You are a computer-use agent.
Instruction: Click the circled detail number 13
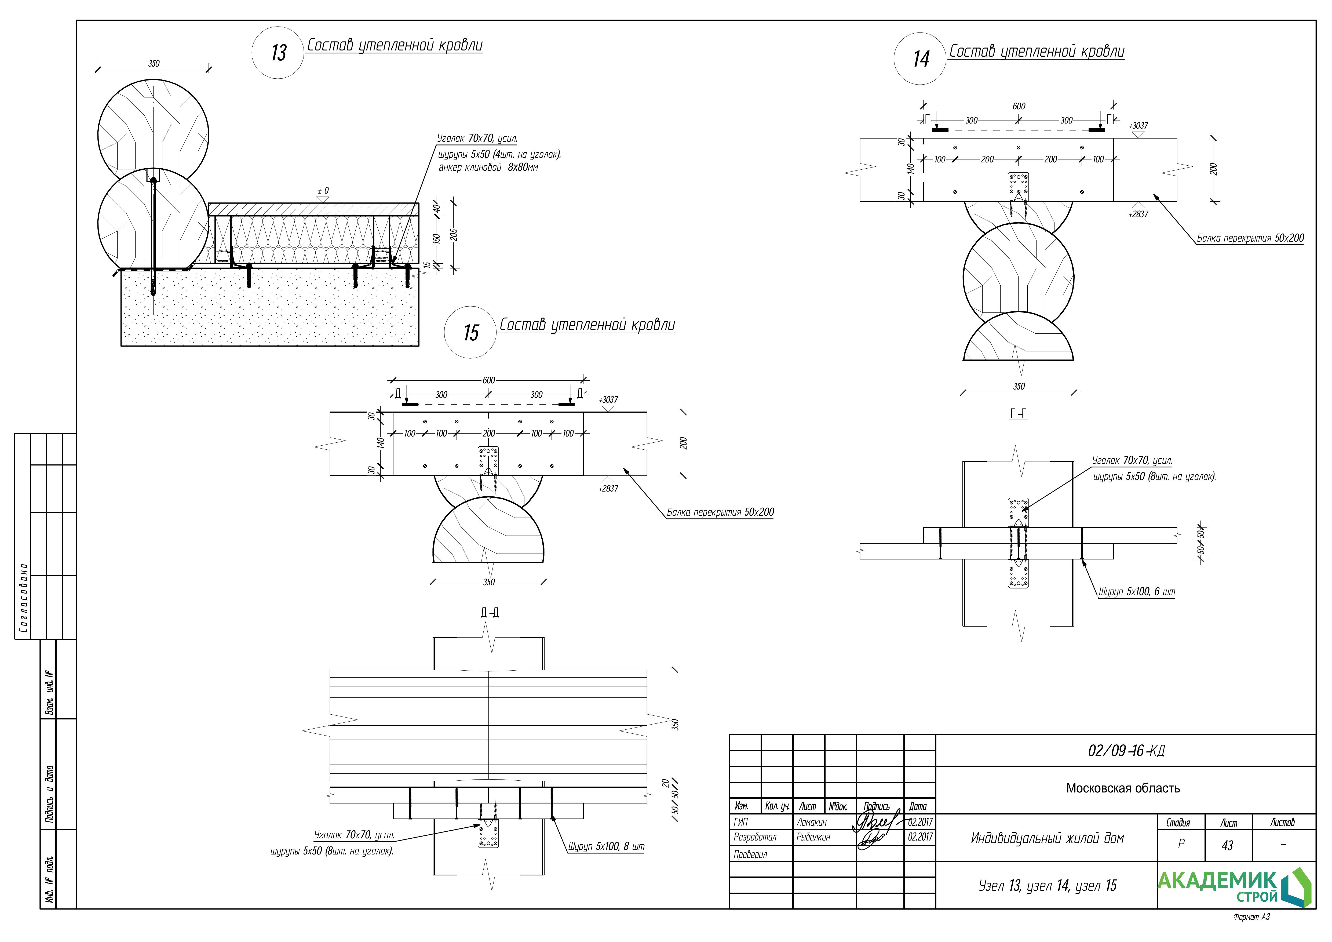[278, 53]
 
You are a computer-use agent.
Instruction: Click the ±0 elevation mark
[323, 191]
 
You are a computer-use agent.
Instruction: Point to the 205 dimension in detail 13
[454, 235]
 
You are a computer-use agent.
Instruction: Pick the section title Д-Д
[490, 613]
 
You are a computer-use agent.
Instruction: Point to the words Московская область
[1123, 788]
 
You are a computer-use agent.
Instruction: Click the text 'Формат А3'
[1251, 917]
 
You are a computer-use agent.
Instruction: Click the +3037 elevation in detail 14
[1138, 125]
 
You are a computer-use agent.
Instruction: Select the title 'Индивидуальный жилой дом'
[1047, 838]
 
